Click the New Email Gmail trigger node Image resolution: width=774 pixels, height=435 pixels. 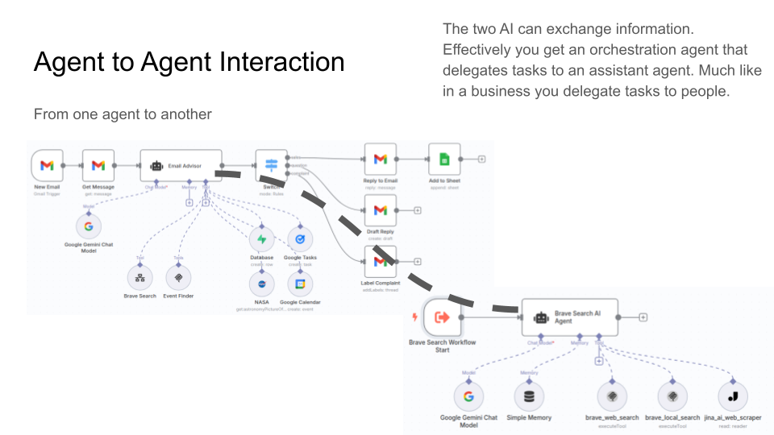(x=47, y=165)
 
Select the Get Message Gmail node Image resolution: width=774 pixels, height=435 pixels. (x=98, y=165)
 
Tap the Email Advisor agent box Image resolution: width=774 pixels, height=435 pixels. (x=181, y=165)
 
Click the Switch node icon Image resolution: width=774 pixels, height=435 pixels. (x=272, y=165)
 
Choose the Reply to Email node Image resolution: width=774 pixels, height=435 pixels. (x=381, y=159)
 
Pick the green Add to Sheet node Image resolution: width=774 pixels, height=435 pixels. (x=443, y=159)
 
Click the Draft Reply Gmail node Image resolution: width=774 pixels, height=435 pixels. (x=381, y=210)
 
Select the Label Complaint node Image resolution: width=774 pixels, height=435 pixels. (x=381, y=261)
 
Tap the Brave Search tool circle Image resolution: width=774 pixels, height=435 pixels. (x=139, y=278)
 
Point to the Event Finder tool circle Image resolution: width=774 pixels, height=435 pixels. (x=178, y=278)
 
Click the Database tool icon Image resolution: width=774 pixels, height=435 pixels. (x=261, y=239)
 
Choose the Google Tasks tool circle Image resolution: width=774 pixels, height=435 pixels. (x=300, y=239)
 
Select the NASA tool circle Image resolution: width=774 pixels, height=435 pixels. (x=261, y=284)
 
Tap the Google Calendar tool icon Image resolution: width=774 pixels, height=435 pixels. (x=300, y=284)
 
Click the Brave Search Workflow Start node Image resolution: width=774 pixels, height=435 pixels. (x=442, y=317)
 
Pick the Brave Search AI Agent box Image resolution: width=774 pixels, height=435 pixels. (x=569, y=317)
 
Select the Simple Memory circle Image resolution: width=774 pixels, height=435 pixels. (x=529, y=396)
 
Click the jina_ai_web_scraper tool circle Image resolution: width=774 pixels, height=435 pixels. (x=733, y=396)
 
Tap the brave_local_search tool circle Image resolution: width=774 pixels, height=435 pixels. (x=672, y=396)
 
